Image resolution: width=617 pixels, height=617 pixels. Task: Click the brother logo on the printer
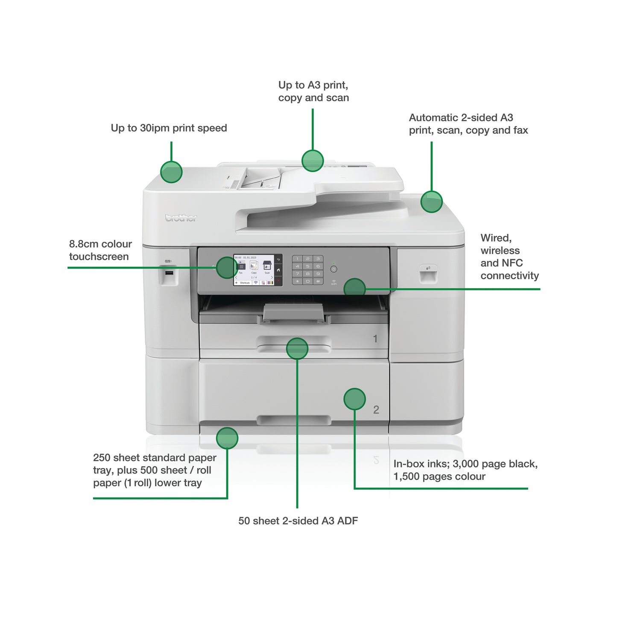click(x=181, y=218)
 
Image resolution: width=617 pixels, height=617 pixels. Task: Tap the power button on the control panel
click(x=334, y=269)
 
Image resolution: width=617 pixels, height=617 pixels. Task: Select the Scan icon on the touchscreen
click(x=267, y=266)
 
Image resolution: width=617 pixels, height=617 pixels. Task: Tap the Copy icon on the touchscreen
click(x=254, y=266)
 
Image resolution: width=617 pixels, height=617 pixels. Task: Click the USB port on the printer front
click(x=169, y=273)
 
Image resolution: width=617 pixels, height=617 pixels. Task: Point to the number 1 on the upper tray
click(x=375, y=339)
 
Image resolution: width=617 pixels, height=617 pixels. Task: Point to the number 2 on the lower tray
click(x=376, y=410)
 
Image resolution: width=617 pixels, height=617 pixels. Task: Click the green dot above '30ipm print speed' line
click(x=171, y=172)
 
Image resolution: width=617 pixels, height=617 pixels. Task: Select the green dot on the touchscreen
click(x=227, y=268)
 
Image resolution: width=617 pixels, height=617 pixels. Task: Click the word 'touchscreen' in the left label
click(x=99, y=257)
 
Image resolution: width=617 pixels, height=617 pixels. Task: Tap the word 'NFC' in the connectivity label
click(x=513, y=263)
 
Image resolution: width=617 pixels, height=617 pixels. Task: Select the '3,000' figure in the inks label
click(x=465, y=464)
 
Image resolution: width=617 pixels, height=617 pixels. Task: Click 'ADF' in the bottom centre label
click(x=347, y=521)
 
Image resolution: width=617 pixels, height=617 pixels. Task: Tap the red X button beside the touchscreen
click(x=278, y=281)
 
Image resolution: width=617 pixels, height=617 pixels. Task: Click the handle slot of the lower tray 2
click(x=294, y=420)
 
